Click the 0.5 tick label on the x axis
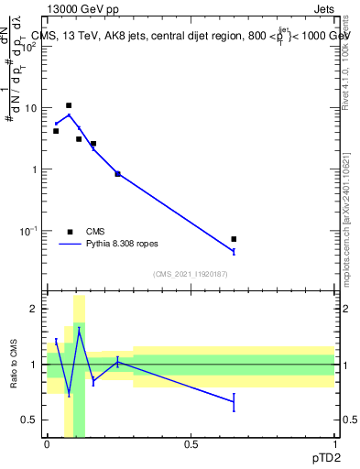click(191, 444)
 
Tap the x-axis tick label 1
click(333, 444)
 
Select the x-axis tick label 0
click(48, 444)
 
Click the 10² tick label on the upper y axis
click(30, 47)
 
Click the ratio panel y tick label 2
click(35, 309)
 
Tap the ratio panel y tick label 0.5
click(31, 420)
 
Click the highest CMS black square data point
click(68, 105)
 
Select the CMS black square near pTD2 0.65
click(234, 239)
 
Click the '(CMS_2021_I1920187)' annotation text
click(190, 274)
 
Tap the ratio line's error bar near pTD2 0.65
click(234, 402)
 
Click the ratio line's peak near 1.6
click(79, 329)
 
